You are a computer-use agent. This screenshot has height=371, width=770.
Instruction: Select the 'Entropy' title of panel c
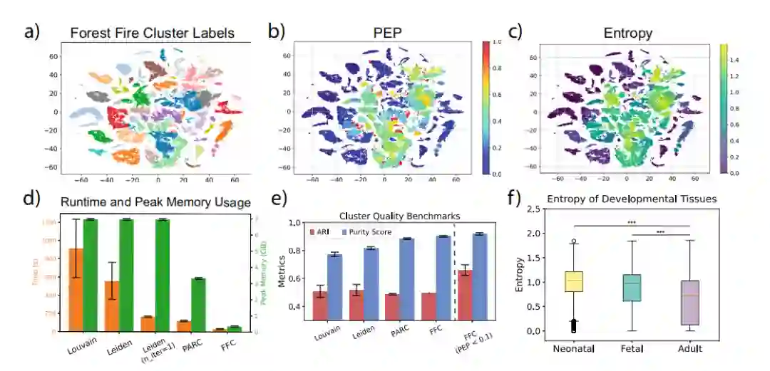click(627, 33)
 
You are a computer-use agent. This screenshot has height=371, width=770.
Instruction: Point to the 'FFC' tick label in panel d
click(228, 347)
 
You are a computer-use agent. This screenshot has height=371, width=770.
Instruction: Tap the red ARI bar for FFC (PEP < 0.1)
click(466, 296)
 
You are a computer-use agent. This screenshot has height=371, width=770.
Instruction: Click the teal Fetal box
click(632, 288)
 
